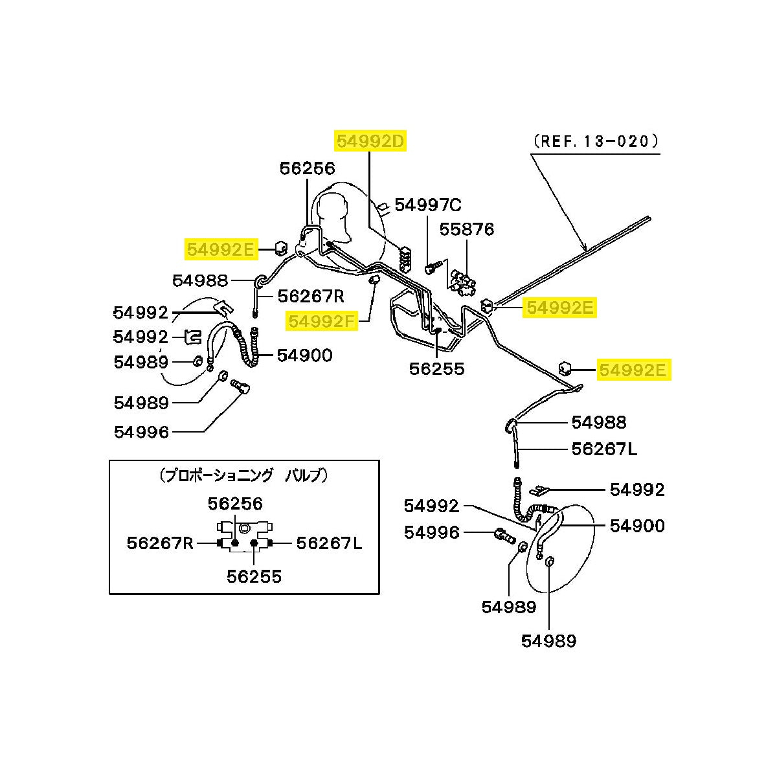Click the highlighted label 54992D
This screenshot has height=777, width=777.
click(370, 141)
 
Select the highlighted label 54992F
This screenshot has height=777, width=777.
click(321, 321)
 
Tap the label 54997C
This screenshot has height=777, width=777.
click(428, 205)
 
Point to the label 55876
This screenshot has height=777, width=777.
click(466, 229)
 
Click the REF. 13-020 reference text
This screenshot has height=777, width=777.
click(596, 141)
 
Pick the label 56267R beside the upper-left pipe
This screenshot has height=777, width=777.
click(311, 297)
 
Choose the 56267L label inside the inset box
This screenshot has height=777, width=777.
click(329, 543)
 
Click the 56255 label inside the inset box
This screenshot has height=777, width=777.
click(254, 577)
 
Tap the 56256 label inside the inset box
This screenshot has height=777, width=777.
click(235, 504)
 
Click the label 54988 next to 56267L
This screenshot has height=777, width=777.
click(599, 422)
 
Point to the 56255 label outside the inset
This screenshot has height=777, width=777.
click(436, 368)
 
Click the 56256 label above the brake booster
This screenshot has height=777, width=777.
click(308, 168)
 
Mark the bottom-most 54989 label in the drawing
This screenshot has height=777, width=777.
click(549, 641)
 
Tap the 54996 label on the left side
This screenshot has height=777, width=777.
click(141, 432)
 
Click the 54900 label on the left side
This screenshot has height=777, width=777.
click(305, 355)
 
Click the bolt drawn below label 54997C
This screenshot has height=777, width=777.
click(433, 267)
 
